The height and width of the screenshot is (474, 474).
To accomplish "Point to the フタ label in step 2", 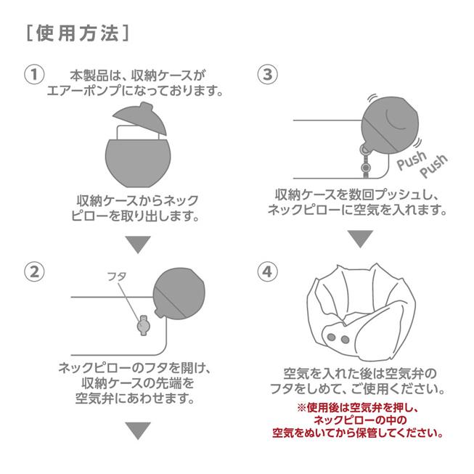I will pos(116,277).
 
